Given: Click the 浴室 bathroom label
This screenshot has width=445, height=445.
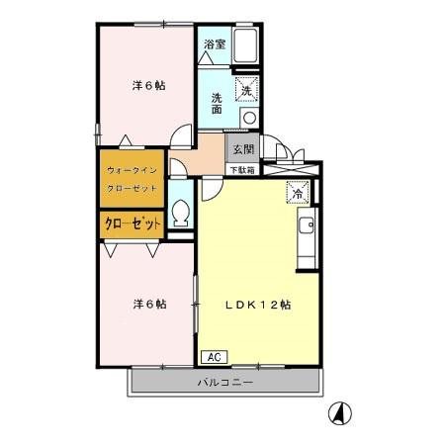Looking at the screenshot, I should pos(214,44).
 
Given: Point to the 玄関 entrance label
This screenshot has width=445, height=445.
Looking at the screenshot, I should pos(242,149).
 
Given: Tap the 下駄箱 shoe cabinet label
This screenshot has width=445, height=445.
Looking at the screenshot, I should pos(242,170).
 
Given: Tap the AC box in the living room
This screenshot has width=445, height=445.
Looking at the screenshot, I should pos(213,356).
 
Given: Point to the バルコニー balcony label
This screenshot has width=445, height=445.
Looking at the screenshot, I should pos(225,382).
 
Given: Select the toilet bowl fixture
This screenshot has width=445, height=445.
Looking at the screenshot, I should pos(180,212).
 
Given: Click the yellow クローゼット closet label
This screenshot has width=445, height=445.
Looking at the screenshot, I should pos(133,224).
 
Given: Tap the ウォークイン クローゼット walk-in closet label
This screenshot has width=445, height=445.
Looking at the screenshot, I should pos(133,178).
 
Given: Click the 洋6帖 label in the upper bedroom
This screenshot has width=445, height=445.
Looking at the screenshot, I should pos(148,85).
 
